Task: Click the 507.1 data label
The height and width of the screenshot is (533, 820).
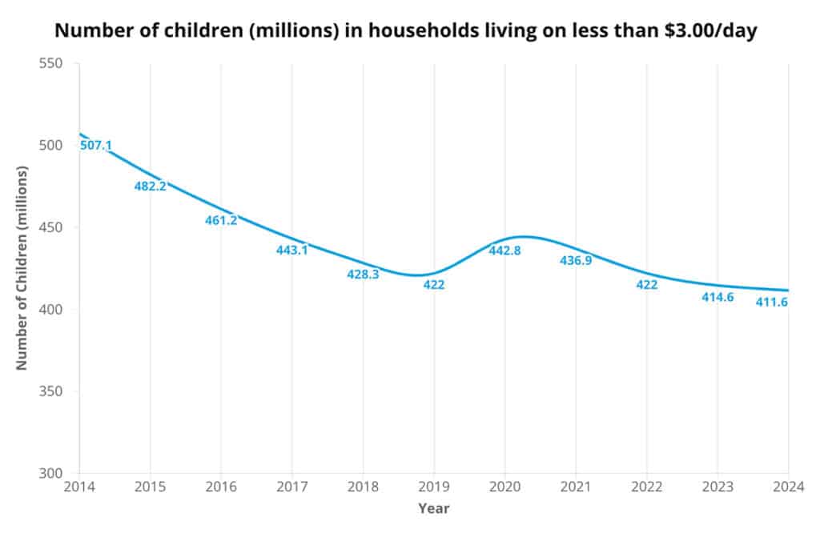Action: (x=96, y=145)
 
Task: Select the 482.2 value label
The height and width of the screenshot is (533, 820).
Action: (x=150, y=186)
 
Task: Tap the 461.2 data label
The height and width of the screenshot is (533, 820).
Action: (x=221, y=220)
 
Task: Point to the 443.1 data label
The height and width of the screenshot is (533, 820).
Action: (x=292, y=250)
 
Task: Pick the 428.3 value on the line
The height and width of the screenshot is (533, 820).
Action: (x=363, y=274)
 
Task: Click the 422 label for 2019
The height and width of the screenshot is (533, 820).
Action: (x=433, y=284)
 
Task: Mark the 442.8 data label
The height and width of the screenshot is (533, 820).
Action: (x=505, y=250)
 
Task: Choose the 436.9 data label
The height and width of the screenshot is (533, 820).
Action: (x=576, y=260)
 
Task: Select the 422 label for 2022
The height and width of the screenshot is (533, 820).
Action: (x=646, y=284)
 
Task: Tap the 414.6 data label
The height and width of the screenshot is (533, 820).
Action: (x=717, y=297)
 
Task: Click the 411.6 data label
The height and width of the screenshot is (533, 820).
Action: (x=772, y=302)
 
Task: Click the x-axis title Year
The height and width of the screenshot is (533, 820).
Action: (x=433, y=508)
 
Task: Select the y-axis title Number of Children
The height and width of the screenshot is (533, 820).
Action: (x=22, y=268)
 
